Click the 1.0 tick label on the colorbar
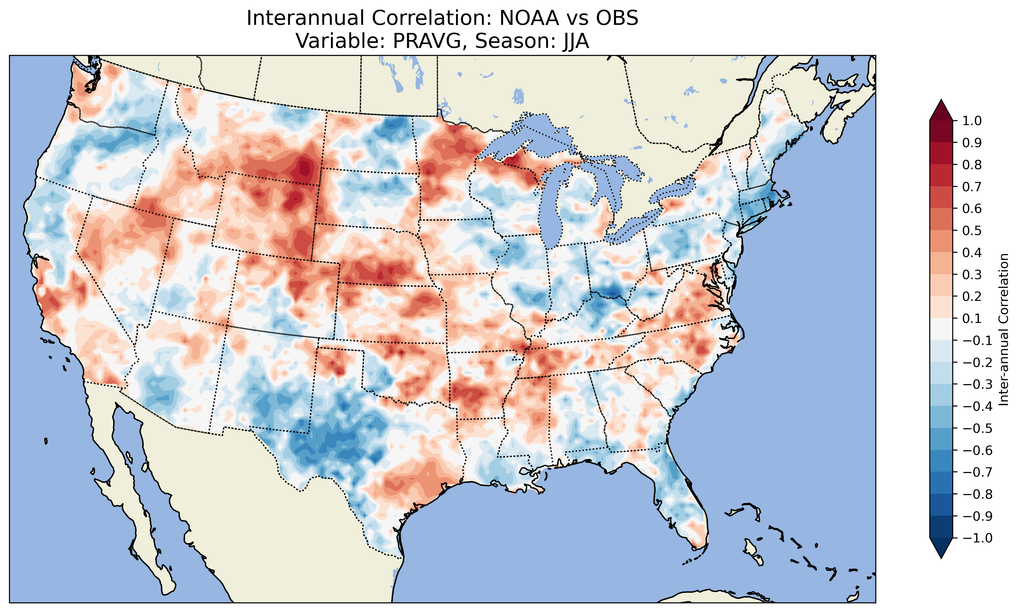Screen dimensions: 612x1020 pos(972,121)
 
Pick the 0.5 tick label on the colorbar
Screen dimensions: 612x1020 pos(972,230)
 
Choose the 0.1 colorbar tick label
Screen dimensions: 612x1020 pos(972,318)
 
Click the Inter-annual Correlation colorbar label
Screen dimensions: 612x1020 pos(1004,329)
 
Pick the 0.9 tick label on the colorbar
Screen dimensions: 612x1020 pos(972,143)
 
